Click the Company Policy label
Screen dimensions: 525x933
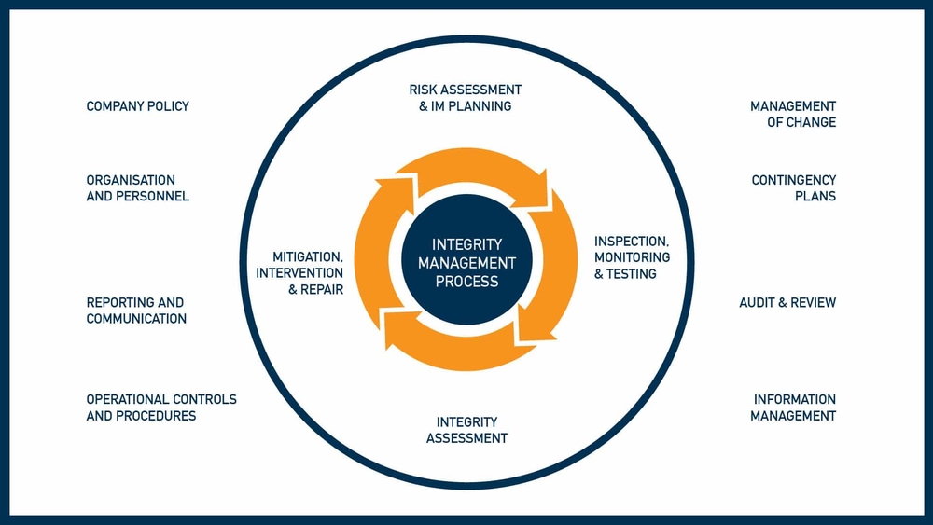(x=137, y=106)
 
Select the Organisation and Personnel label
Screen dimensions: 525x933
(x=137, y=188)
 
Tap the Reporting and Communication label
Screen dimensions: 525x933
(x=136, y=311)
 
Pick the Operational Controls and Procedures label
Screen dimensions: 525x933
(x=161, y=408)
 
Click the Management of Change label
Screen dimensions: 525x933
(x=793, y=115)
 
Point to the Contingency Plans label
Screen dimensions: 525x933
(x=794, y=188)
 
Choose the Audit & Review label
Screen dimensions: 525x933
(x=787, y=303)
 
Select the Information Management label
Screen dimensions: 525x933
(x=794, y=408)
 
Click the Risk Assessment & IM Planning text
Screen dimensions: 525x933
(x=466, y=98)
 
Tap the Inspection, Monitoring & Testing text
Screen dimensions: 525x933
(x=632, y=257)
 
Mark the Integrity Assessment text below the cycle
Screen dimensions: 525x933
(x=466, y=430)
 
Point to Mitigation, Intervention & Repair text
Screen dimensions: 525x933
(x=299, y=272)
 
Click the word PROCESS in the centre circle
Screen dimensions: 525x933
(x=466, y=281)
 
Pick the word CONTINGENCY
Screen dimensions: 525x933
(x=794, y=180)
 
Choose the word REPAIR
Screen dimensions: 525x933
(x=322, y=289)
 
